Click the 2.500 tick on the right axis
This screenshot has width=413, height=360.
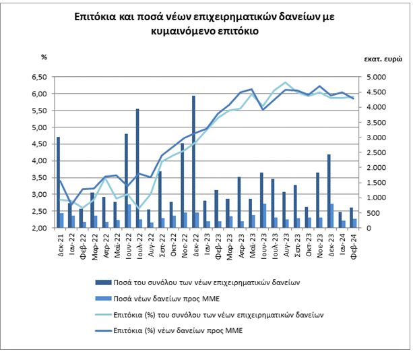pos(375,152)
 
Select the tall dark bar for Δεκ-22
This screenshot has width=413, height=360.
pos(193,162)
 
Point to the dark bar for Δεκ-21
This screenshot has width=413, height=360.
pos(58,182)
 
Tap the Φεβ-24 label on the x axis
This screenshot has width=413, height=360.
pos(352,243)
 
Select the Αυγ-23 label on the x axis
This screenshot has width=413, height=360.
pos(285,243)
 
